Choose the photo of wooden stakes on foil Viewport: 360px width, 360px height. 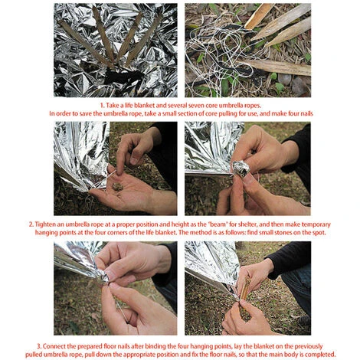115,50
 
